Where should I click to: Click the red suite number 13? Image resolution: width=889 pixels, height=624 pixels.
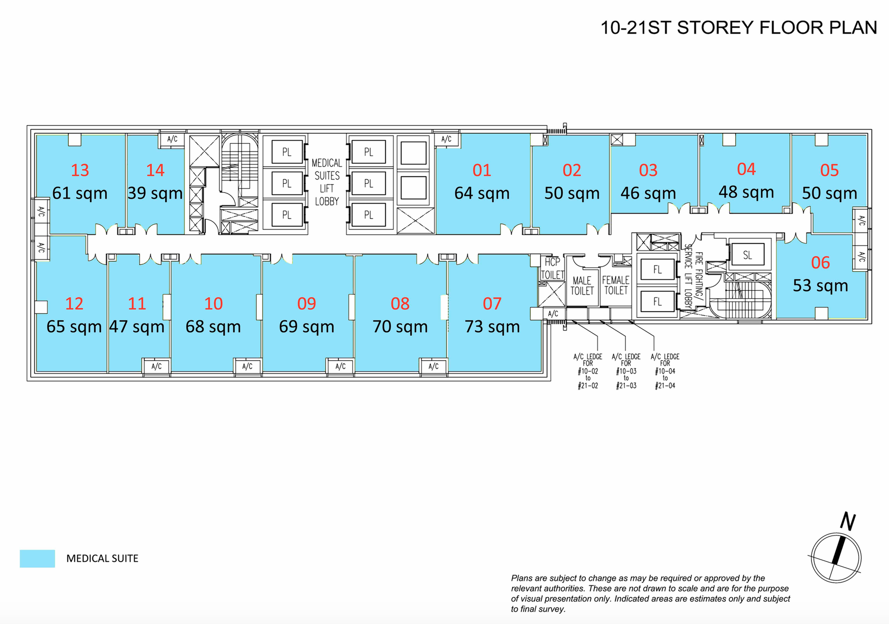pyautogui.click(x=80, y=170)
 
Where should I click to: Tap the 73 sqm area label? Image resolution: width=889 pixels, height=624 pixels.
pyautogui.click(x=492, y=327)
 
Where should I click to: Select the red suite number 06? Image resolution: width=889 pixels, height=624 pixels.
pyautogui.click(x=821, y=262)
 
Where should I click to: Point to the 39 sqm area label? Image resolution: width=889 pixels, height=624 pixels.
pyautogui.click(x=155, y=193)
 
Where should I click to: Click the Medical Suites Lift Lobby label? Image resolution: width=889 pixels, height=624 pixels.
pyautogui.click(x=327, y=182)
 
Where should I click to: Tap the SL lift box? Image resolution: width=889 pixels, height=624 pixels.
pyautogui.click(x=748, y=255)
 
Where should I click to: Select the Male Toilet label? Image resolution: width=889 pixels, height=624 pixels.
pyautogui.click(x=582, y=285)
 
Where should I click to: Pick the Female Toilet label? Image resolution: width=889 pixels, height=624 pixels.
pyautogui.click(x=615, y=285)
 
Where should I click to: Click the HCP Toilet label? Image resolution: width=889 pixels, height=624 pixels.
pyautogui.click(x=552, y=268)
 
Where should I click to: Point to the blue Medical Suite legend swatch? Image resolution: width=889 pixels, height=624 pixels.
pyautogui.click(x=37, y=558)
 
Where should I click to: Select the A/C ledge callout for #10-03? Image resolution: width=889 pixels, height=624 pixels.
pyautogui.click(x=626, y=371)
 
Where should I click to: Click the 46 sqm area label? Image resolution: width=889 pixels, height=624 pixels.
pyautogui.click(x=648, y=193)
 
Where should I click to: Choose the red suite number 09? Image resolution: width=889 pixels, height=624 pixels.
pyautogui.click(x=306, y=304)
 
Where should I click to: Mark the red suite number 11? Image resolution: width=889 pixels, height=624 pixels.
pyautogui.click(x=137, y=304)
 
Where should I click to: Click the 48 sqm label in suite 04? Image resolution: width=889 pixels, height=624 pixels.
pyautogui.click(x=746, y=192)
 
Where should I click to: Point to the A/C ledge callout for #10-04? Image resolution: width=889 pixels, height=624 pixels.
pyautogui.click(x=665, y=371)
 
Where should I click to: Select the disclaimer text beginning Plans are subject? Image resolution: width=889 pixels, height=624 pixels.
pyautogui.click(x=651, y=594)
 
